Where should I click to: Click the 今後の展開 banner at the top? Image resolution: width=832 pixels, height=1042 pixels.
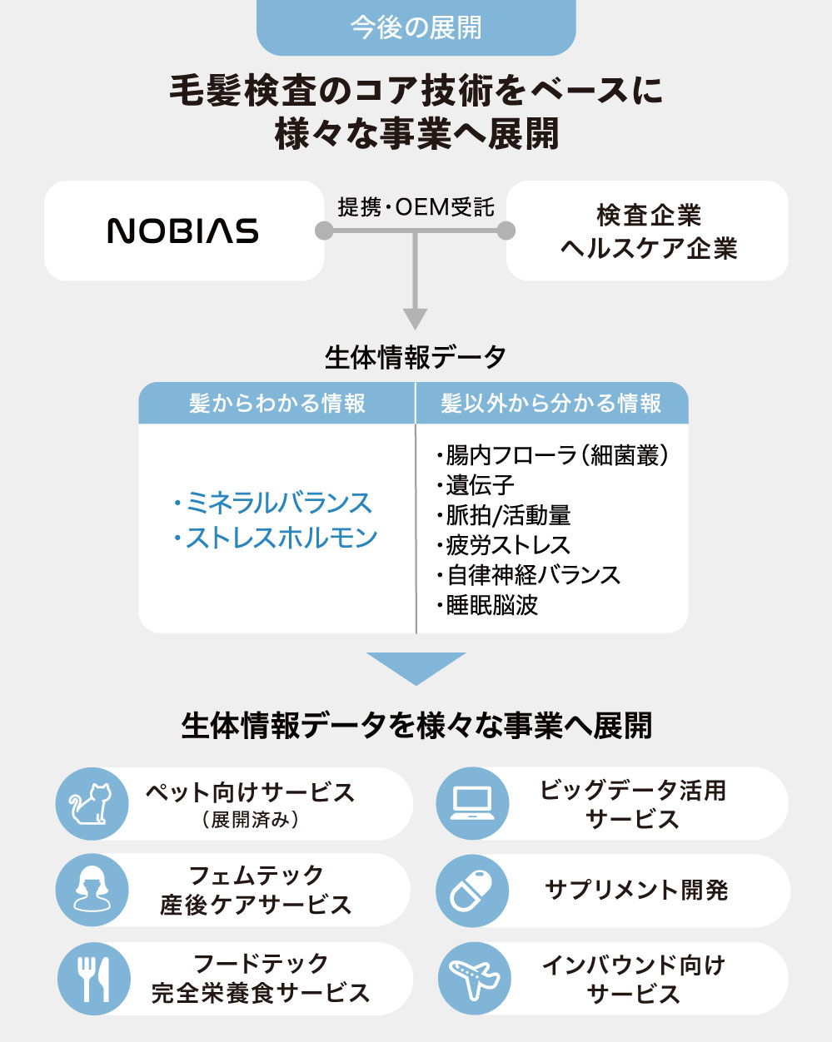click(416, 27)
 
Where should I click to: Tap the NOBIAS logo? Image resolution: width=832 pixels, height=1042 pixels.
click(183, 231)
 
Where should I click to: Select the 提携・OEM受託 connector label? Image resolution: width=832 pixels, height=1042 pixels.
click(416, 206)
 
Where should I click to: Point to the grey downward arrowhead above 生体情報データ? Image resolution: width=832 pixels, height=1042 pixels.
click(415, 319)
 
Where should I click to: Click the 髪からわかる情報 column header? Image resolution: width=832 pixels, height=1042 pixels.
click(277, 404)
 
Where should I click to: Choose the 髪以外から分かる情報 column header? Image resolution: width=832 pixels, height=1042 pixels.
click(551, 404)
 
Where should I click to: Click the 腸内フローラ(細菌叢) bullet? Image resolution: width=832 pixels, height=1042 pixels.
click(553, 455)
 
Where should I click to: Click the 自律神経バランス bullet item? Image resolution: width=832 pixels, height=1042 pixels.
click(529, 575)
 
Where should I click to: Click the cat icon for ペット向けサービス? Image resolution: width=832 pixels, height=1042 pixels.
click(91, 803)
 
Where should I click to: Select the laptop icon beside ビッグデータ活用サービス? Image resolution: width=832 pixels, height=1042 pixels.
click(472, 803)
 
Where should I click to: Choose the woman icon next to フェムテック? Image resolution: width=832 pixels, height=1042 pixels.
click(91, 890)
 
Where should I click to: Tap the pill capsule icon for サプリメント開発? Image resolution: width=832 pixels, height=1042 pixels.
click(472, 890)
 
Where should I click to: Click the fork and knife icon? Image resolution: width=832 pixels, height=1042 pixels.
click(92, 978)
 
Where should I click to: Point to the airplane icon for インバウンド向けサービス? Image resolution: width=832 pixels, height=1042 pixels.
click(473, 978)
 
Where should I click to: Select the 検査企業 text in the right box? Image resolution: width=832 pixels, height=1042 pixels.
click(649, 216)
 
